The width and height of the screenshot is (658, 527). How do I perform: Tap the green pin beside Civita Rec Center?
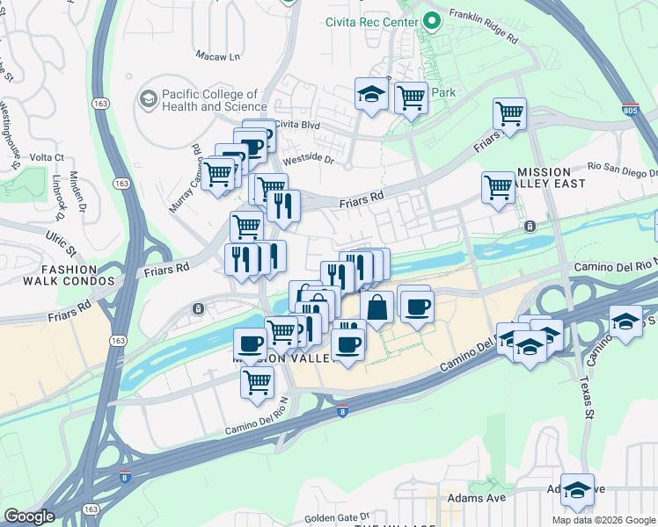coord(431,21)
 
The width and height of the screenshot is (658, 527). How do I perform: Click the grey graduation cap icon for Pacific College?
coord(147,99)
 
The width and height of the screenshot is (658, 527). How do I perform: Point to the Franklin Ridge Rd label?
coord(483,25)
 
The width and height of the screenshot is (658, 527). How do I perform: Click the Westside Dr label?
coord(309,161)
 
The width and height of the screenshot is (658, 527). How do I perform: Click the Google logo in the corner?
coord(30,516)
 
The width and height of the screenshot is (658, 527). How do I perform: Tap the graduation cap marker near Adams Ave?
coord(578,492)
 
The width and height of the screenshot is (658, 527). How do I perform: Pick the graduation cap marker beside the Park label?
coord(372,93)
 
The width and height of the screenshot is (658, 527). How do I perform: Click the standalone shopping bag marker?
coord(377,308)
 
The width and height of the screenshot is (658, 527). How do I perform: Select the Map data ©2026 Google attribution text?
coord(603,520)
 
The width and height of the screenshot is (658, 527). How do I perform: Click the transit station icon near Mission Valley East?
coord(530,226)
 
